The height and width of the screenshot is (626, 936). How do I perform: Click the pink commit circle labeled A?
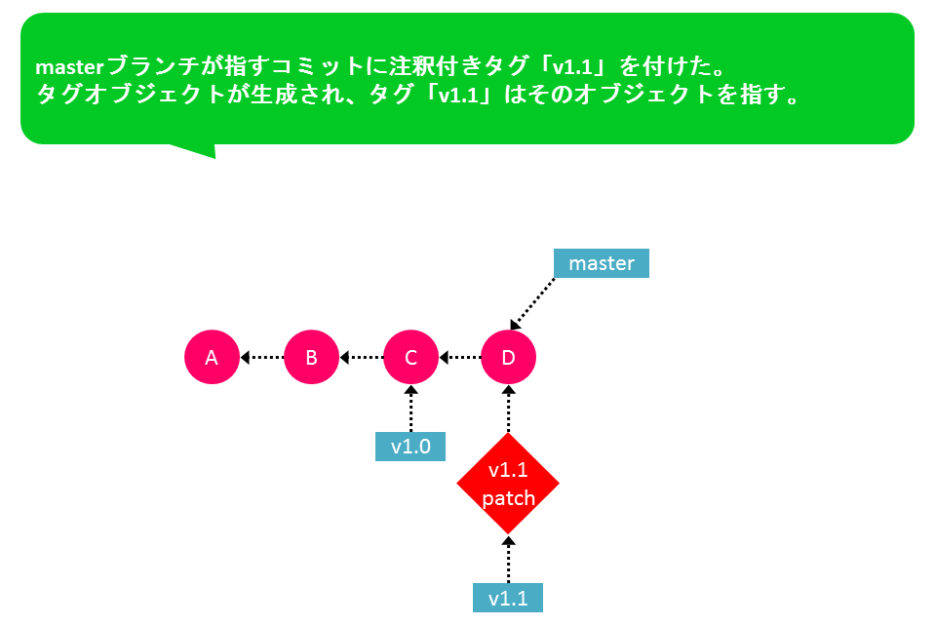click(212, 357)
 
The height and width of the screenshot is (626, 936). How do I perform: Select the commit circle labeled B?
click(312, 357)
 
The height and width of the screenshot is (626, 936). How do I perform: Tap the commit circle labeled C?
click(410, 357)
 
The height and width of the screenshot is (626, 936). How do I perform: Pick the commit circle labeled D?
click(508, 357)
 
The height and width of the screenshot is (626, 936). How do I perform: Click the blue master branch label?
click(602, 263)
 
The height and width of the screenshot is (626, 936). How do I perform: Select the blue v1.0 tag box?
click(410, 447)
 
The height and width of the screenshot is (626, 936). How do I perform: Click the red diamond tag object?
click(508, 484)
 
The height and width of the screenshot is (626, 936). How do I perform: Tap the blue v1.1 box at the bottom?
click(508, 598)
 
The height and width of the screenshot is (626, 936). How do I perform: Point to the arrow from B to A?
click(262, 358)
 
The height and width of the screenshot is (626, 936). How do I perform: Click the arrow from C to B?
click(361, 358)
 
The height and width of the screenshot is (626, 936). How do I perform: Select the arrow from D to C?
click(459, 358)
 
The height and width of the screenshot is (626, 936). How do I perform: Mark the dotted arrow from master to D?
click(532, 304)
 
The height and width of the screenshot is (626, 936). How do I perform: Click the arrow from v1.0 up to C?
click(410, 409)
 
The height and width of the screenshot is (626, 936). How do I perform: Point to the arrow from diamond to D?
click(509, 410)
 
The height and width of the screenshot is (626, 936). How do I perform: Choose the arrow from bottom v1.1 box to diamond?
click(509, 559)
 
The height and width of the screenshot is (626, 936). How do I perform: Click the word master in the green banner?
click(70, 67)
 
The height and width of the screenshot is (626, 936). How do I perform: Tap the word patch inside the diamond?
click(508, 498)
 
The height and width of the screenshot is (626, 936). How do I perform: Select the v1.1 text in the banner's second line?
click(459, 95)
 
